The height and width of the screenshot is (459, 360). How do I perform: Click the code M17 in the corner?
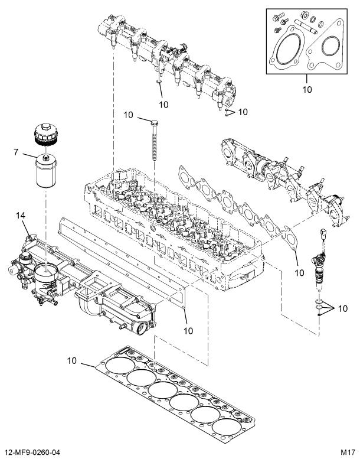tap(348, 452)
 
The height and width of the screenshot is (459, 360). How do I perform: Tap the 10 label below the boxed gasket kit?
tap(306, 90)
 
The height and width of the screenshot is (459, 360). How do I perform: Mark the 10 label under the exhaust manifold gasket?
tap(299, 272)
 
